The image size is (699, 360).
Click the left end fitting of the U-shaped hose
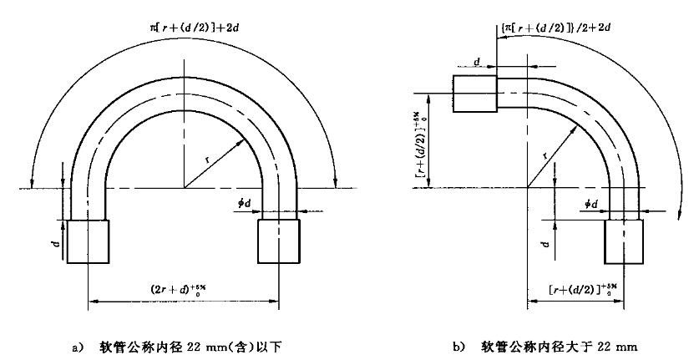point(89,242)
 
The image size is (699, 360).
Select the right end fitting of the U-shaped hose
point(279,242)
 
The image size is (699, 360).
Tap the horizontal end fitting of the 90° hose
point(474,92)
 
